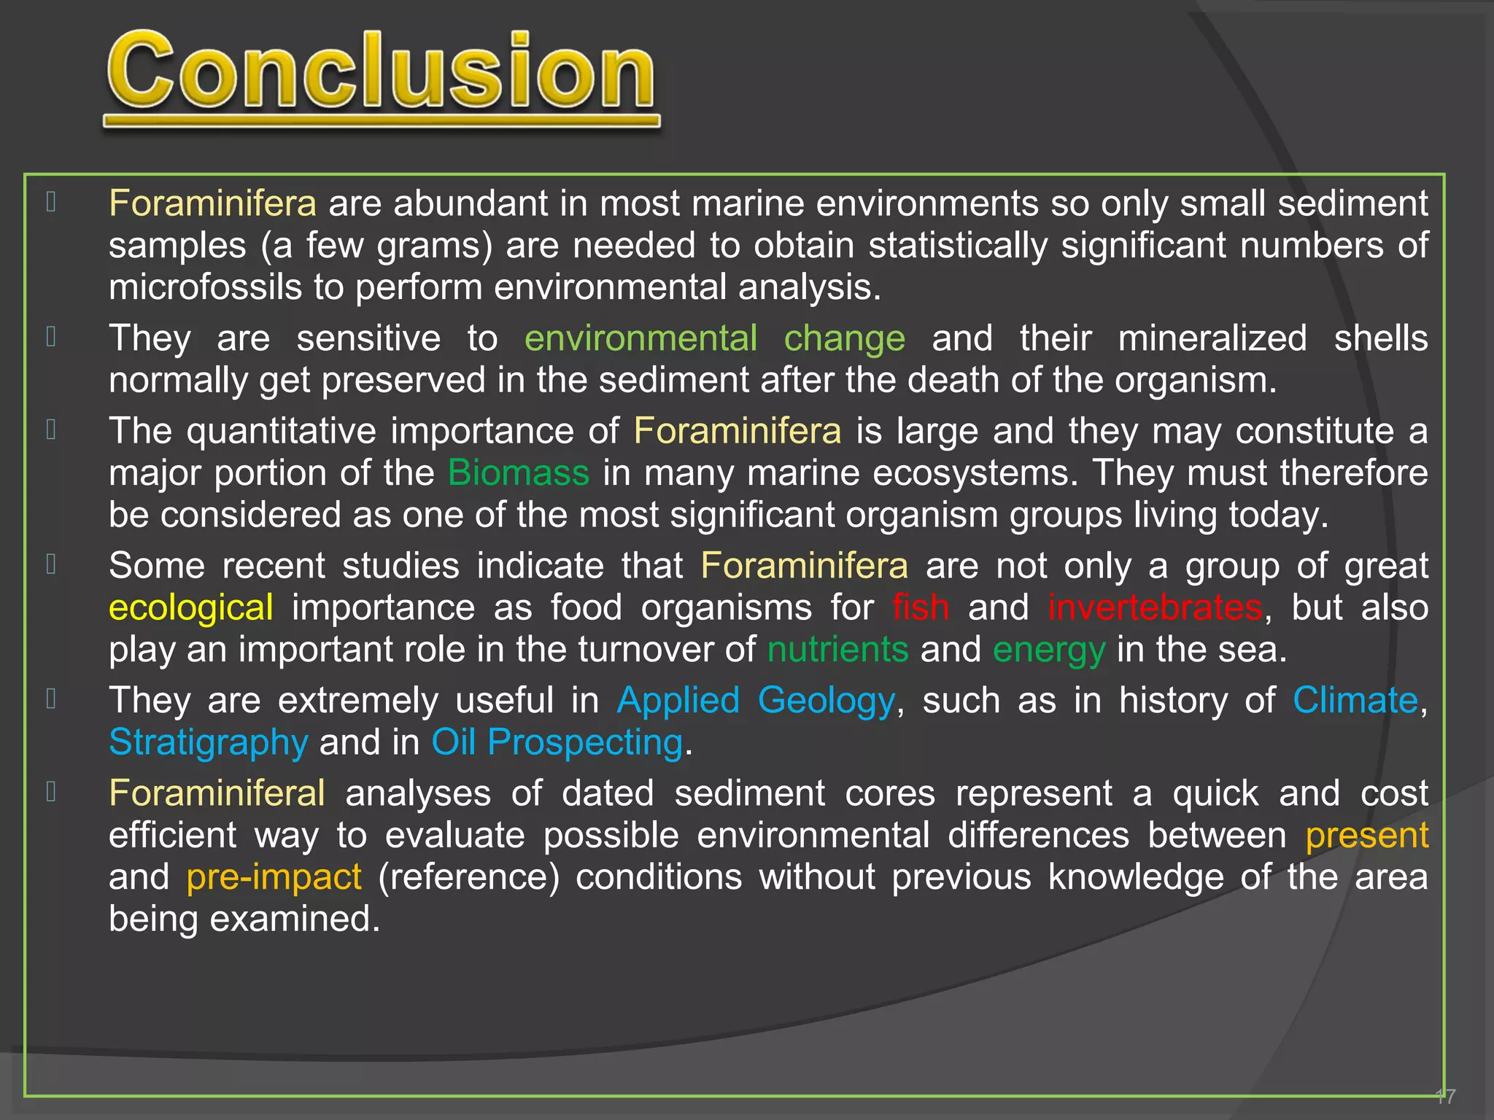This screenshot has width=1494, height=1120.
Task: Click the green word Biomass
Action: click(x=518, y=472)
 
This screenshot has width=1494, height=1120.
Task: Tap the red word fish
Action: click(x=921, y=607)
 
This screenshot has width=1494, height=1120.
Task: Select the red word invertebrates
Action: click(x=1155, y=607)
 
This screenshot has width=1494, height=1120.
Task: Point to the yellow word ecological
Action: click(x=191, y=607)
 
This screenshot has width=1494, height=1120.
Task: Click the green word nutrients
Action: click(x=837, y=649)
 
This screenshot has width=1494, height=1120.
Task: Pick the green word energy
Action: click(x=1048, y=650)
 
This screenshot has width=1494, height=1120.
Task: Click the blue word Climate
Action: click(x=1355, y=700)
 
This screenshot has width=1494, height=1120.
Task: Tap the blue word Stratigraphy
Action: click(x=209, y=743)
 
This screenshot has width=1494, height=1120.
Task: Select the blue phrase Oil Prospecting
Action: click(x=557, y=743)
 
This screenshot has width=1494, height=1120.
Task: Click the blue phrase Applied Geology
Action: click(x=756, y=701)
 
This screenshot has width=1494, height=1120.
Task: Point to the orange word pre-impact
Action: click(x=274, y=877)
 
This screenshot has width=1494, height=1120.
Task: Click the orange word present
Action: click(x=1366, y=836)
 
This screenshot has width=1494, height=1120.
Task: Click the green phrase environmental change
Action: click(x=715, y=339)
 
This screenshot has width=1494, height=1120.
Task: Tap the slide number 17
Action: click(x=1444, y=1096)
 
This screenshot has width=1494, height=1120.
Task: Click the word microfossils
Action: click(x=205, y=287)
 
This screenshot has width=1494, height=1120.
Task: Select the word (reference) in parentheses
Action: click(x=468, y=877)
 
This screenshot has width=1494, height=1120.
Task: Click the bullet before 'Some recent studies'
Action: click(x=51, y=564)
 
